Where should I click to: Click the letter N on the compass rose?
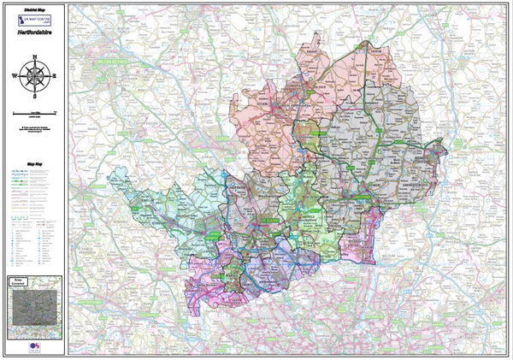[34, 57]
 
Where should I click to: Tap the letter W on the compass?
[15, 75]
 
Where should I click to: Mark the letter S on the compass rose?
[34, 94]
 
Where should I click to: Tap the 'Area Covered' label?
[34, 281]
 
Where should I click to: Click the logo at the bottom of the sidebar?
[34, 346]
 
